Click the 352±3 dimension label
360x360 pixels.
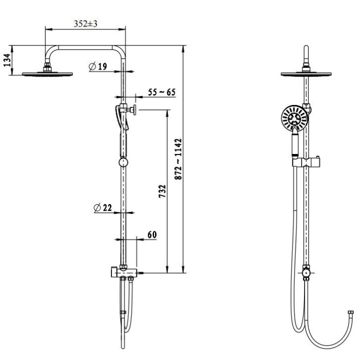[x=85, y=23]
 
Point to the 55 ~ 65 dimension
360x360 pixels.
[x=161, y=92]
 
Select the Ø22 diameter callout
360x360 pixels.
[x=102, y=208]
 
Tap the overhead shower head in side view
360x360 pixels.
[x=48, y=74]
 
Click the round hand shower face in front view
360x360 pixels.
[x=291, y=118]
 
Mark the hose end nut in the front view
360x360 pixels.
[x=351, y=315]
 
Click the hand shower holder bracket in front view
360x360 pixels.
[x=305, y=162]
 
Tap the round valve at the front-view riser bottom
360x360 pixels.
[x=305, y=273]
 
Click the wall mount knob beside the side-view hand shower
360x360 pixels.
[x=134, y=109]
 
